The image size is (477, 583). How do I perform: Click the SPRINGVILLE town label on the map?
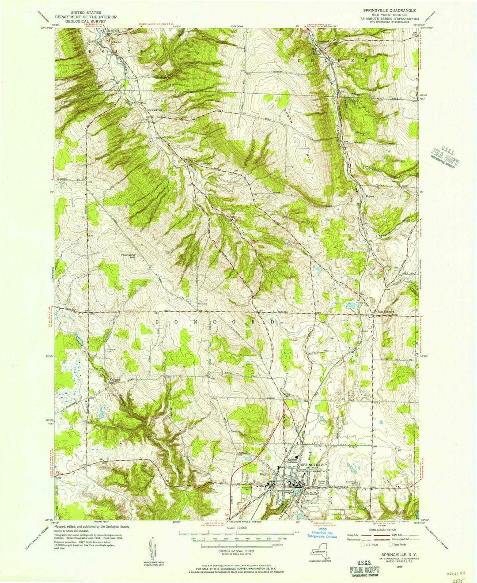coord(312,465)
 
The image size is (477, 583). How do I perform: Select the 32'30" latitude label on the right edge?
coord(424,356)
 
